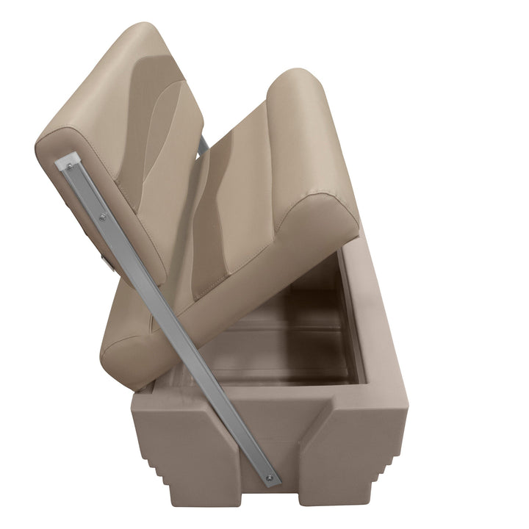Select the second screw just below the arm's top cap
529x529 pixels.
[101, 217]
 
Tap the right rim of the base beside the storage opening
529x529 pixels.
[375, 323]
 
